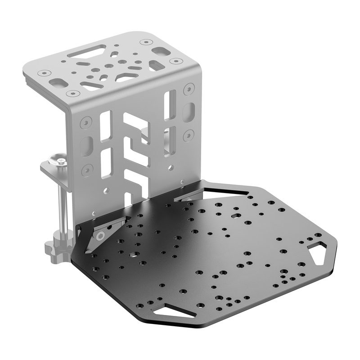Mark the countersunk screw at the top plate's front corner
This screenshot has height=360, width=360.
(x=70, y=94)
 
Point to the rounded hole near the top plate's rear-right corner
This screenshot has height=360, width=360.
(x=157, y=64)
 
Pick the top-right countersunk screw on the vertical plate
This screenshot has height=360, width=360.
(x=188, y=88)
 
